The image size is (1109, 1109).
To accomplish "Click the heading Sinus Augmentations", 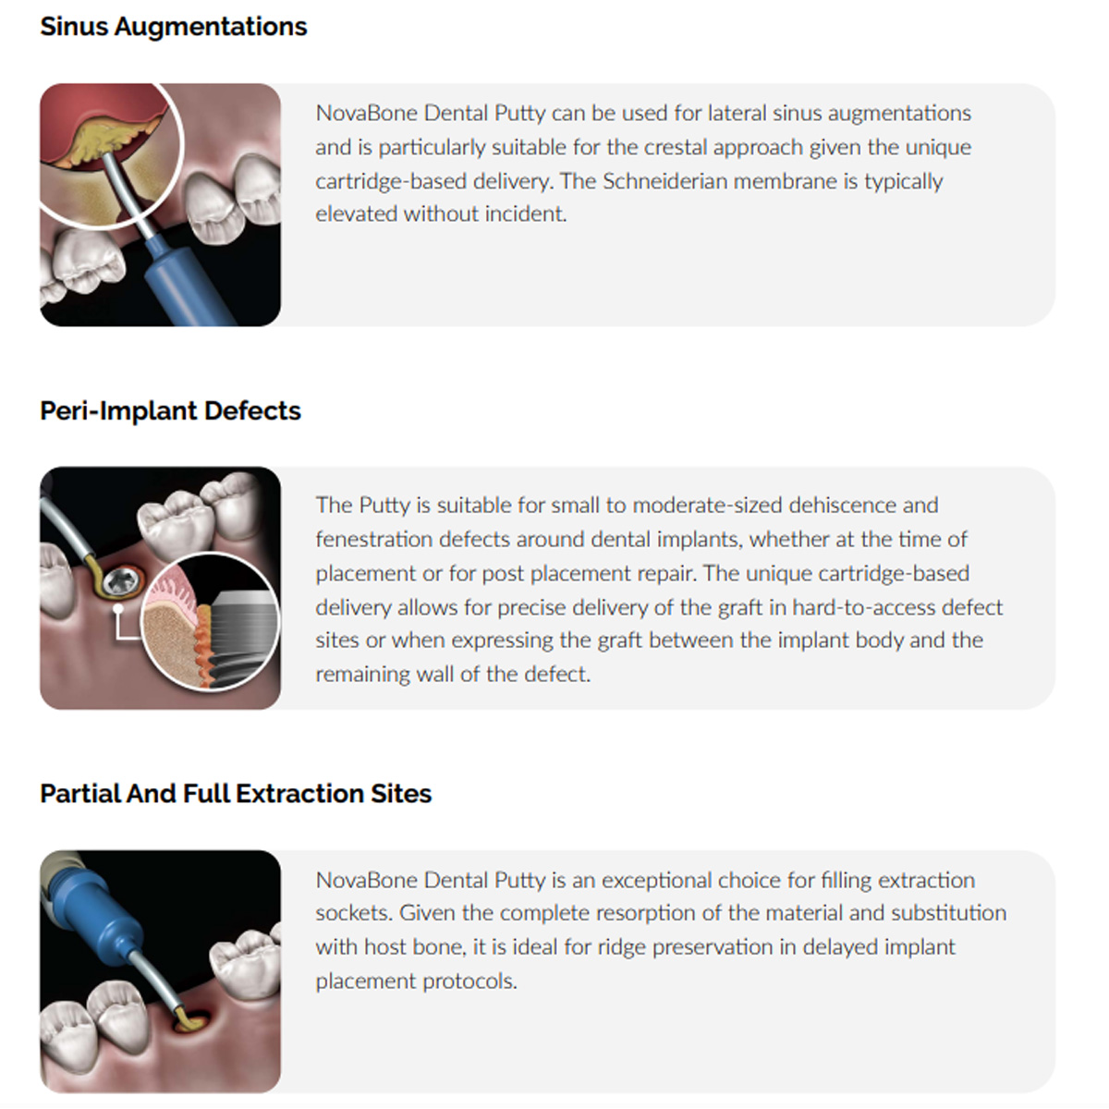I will coord(174,27).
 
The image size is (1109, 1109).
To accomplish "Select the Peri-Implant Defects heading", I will coord(170,410).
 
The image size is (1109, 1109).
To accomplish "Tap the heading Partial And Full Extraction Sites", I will coord(236,794).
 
